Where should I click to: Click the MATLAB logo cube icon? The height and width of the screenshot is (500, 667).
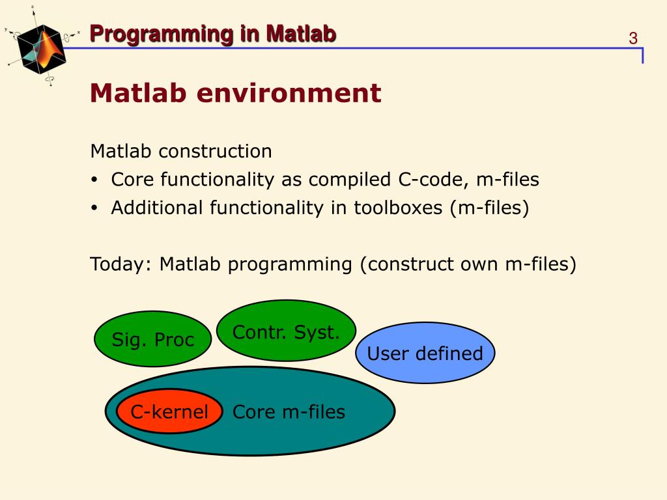42,48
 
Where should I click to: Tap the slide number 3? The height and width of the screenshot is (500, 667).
633,38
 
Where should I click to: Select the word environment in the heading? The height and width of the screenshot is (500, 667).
289,93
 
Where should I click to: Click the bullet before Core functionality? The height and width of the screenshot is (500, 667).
94,180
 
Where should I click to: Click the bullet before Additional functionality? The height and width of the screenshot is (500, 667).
94,208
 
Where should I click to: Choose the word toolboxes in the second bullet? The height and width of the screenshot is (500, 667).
398,208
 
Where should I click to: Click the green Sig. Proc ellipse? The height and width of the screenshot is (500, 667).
152,339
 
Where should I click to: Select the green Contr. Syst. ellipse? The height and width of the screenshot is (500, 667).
287,331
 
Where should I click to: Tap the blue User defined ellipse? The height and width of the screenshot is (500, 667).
425,353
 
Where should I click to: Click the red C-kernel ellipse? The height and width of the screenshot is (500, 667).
169,411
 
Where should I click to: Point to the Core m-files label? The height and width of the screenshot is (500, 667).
289,411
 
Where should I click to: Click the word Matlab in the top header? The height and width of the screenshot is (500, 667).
301,34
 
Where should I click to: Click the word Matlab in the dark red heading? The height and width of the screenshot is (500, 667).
138,93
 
